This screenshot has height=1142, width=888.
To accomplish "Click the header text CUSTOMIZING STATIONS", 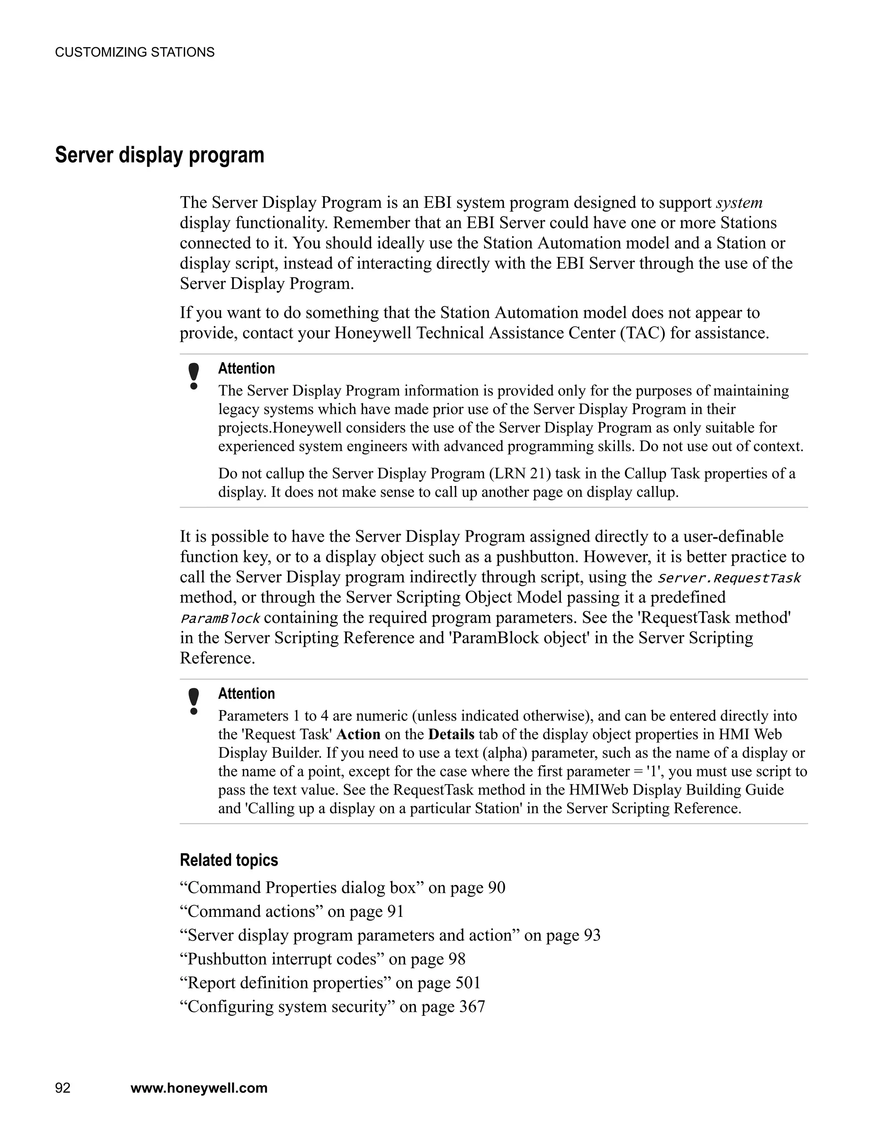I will pos(134,52).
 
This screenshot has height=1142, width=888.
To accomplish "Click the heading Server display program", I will pos(160,155).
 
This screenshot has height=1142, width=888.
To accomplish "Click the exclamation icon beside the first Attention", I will pos(194,376).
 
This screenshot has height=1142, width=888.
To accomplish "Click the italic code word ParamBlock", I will pos(219,618).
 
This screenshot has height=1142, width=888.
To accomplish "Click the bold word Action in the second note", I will pos(358,735).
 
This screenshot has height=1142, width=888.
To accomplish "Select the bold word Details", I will pos(451,735).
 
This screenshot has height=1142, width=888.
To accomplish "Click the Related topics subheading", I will pos(229,860).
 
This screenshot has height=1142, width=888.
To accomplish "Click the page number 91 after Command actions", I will pos(395,911).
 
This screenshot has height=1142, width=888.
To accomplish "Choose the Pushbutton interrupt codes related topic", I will pos(282,959).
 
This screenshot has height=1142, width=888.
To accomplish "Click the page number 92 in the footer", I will pos(63,1088).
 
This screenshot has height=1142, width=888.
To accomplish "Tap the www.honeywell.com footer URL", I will pos(199,1088).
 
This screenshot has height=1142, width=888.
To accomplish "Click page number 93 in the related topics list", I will pos(592,936).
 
